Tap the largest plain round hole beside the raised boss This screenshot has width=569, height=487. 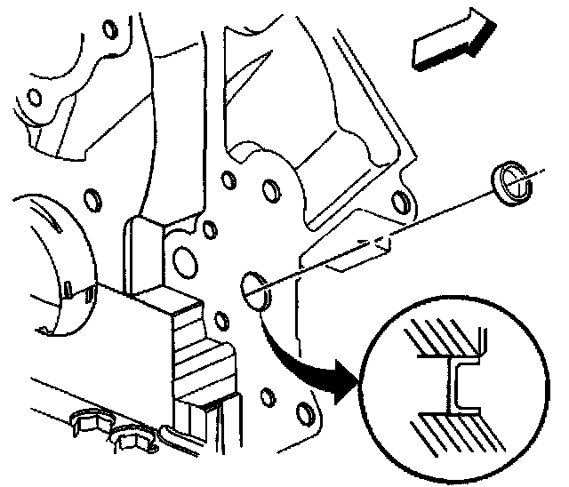[x=183, y=260]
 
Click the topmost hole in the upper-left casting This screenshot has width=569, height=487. [x=110, y=29]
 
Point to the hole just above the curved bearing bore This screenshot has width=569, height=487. [x=90, y=194]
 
